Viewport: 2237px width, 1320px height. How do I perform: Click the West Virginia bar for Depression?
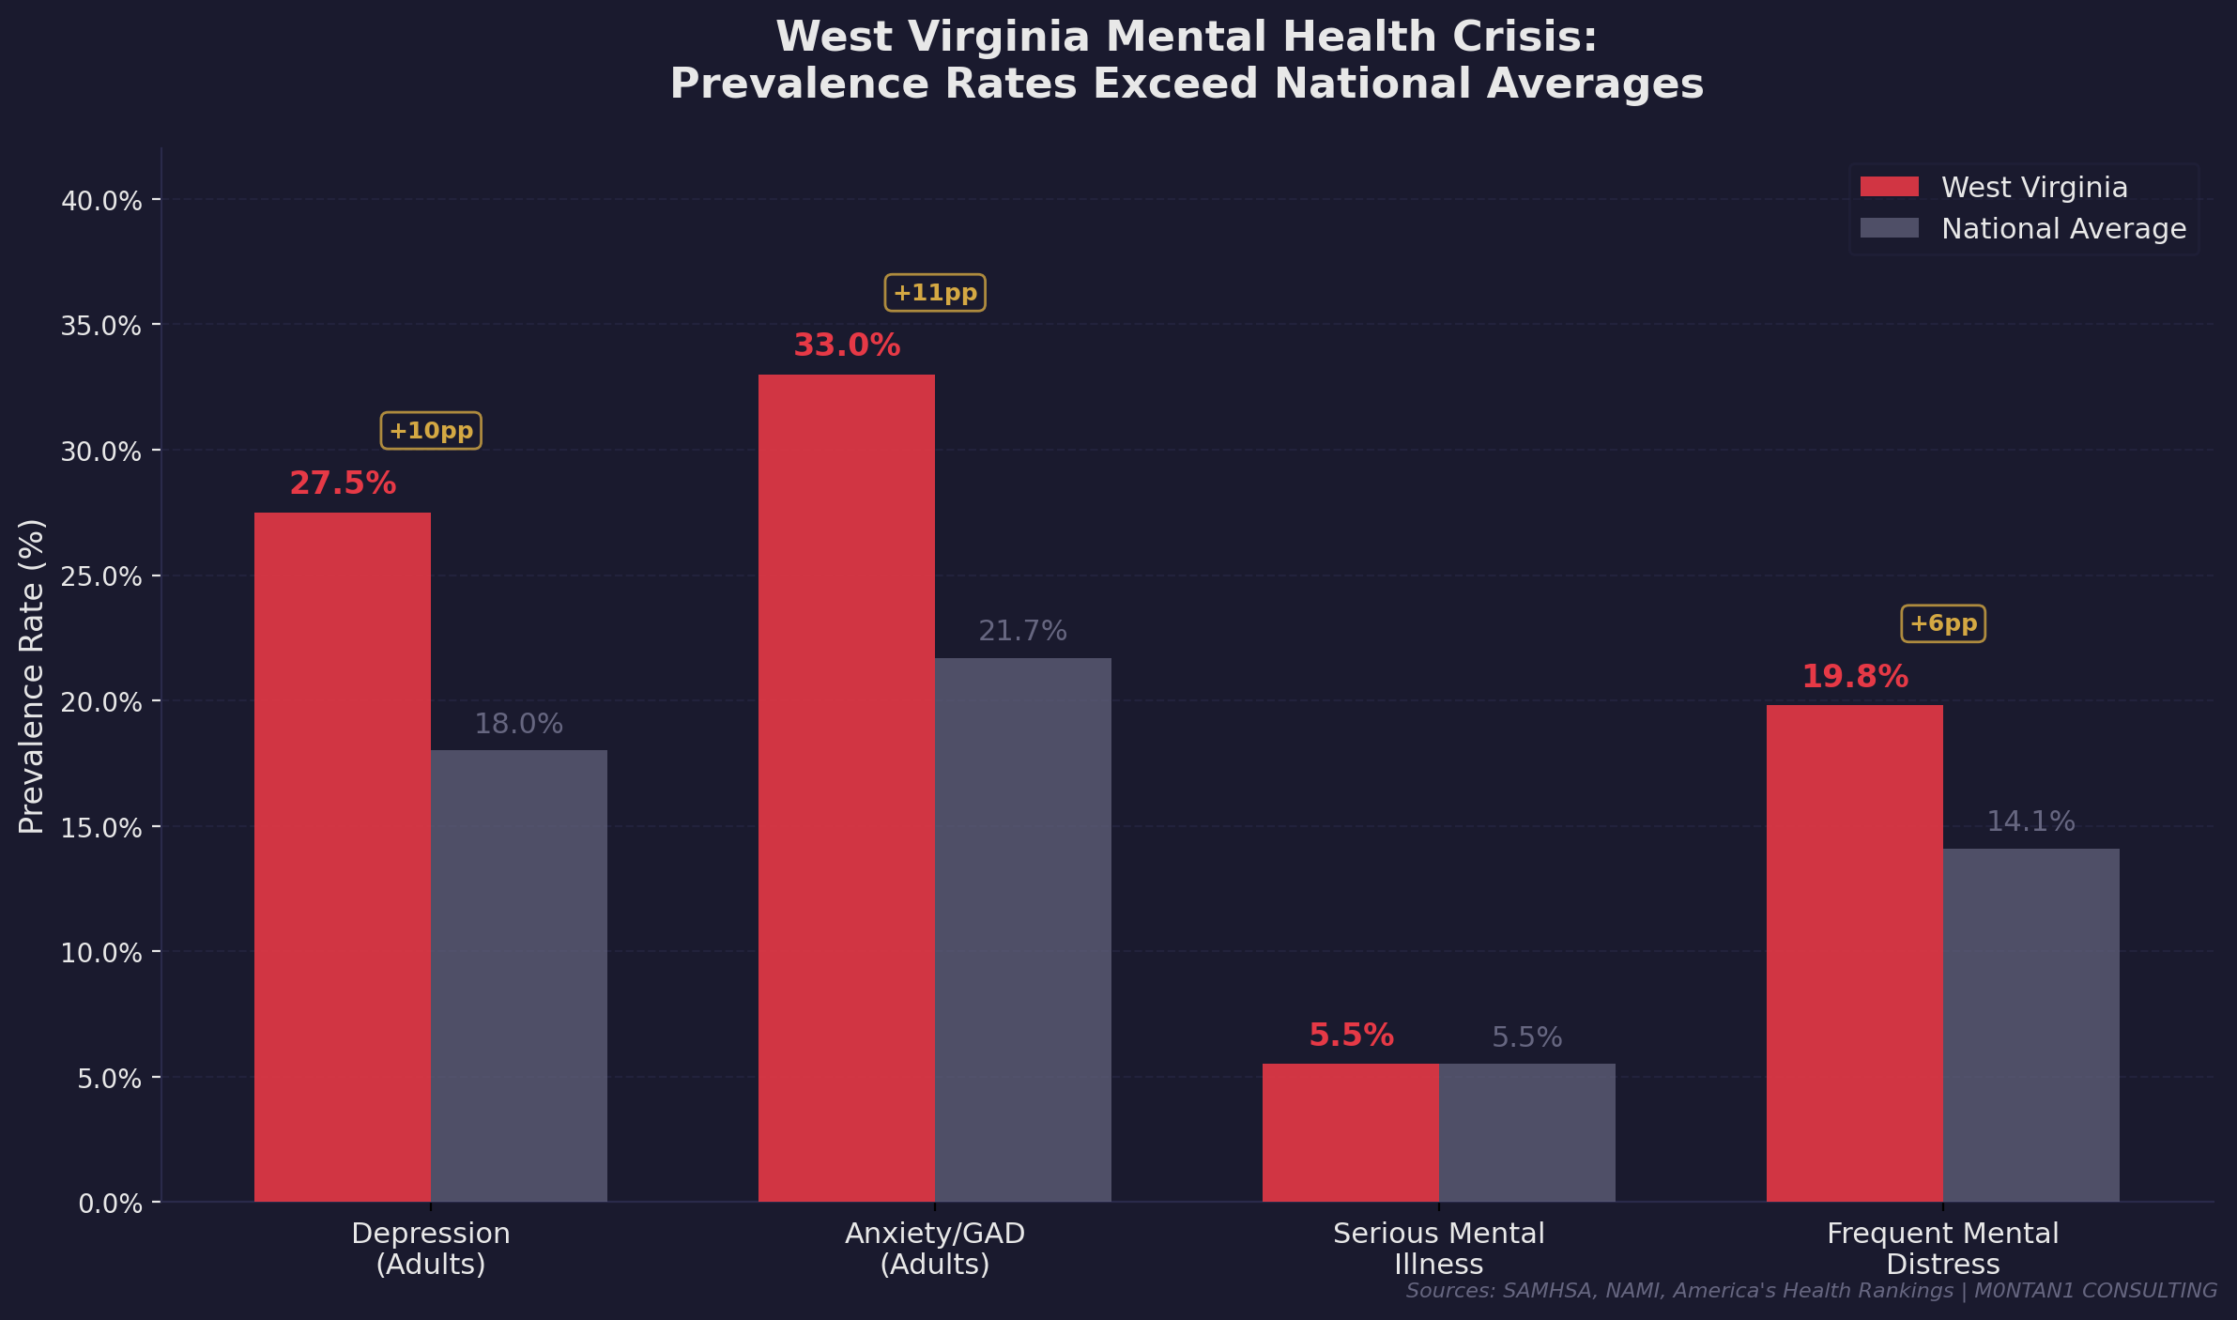pos(343,856)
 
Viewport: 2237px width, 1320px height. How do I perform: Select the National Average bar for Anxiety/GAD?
pos(1022,929)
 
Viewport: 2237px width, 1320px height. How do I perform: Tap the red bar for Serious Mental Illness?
pos(1350,1132)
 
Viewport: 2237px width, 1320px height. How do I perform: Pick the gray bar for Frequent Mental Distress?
pos(2030,1024)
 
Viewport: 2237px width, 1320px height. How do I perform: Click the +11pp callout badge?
pos(935,293)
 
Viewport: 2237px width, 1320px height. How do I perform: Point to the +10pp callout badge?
pos(431,431)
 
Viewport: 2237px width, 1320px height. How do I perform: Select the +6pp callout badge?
pos(1942,623)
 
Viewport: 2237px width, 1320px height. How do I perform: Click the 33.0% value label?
pos(847,345)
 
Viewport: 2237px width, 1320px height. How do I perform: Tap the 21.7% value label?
pos(1022,631)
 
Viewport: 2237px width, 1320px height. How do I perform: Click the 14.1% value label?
pos(2030,821)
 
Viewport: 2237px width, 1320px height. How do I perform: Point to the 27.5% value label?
pos(343,483)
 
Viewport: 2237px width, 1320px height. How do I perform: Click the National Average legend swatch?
pos(1889,228)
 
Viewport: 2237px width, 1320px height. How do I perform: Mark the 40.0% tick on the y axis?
pos(101,200)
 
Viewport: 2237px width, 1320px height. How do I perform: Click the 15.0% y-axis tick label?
pos(101,827)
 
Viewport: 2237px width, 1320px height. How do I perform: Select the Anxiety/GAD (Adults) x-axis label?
pos(935,1248)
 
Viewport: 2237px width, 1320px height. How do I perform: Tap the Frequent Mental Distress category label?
pos(1942,1248)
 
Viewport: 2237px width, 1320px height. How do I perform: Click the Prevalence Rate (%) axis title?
pos(31,676)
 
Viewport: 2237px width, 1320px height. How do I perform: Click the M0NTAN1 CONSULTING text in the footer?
pos(2095,1291)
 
